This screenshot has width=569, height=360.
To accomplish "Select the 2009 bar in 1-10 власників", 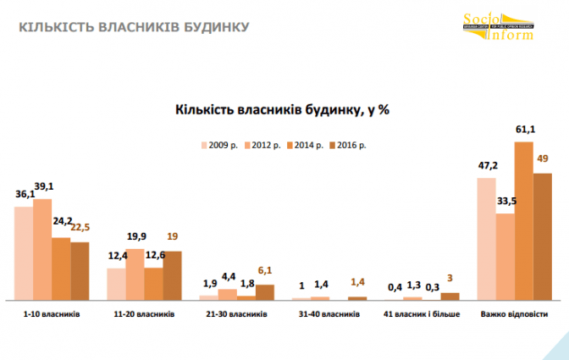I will (23, 252).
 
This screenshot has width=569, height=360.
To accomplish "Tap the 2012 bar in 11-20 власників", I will (135, 274).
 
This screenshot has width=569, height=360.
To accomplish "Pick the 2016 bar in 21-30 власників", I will (265, 291).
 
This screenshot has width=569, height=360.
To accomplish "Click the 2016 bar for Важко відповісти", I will (543, 235).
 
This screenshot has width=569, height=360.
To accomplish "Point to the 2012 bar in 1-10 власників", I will (42, 248).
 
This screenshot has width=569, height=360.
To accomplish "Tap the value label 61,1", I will (525, 131).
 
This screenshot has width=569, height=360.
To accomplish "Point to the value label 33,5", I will (505, 202).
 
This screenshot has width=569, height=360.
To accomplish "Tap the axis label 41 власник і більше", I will (421, 314).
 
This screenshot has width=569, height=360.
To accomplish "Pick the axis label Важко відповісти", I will (514, 314).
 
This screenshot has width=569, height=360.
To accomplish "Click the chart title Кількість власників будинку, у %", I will (282, 108).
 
